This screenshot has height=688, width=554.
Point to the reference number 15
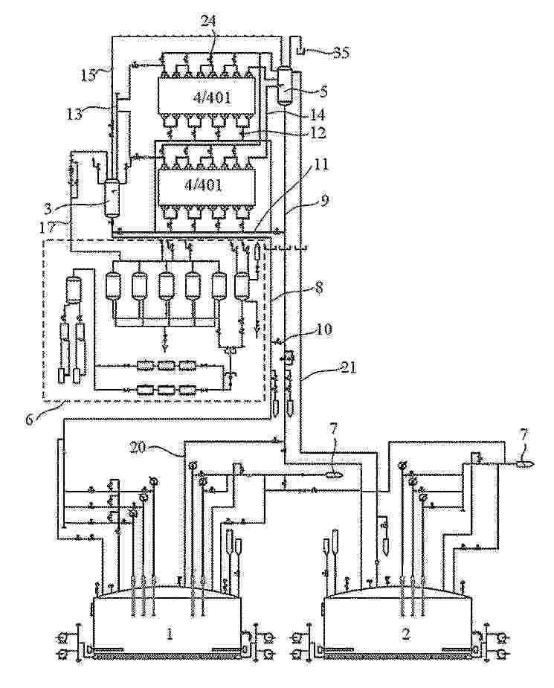coord(88,75)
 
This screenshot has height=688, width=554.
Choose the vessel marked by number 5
coord(285,86)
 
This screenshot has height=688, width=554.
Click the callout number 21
coord(348,367)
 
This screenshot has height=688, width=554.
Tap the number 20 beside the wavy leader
coord(138,448)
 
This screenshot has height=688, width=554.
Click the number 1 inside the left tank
coord(170,633)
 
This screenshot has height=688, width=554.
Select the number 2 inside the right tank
coord(406,633)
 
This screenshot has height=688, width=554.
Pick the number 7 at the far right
coord(524,435)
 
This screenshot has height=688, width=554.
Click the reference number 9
coord(325,200)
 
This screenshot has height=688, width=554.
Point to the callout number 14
coord(317,115)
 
